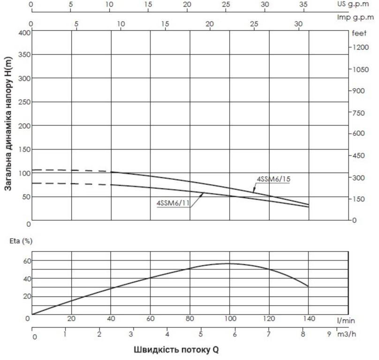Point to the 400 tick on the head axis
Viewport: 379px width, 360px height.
click(x=25, y=32)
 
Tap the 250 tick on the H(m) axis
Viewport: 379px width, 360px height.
click(x=25, y=102)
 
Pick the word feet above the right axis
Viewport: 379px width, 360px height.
click(x=359, y=33)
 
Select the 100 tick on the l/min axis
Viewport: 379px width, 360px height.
click(x=229, y=319)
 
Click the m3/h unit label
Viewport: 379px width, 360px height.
click(x=347, y=335)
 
